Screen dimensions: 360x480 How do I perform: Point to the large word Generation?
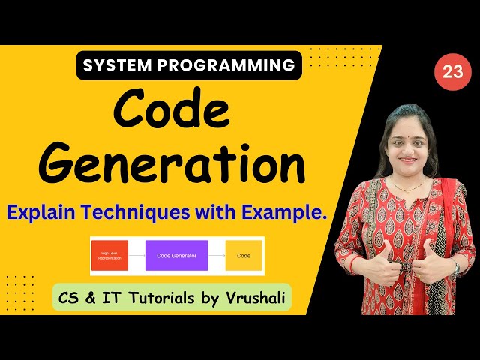171,164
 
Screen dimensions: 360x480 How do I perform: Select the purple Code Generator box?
176,256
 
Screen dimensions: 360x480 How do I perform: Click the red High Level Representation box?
109,256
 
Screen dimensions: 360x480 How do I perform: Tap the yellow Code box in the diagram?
244,256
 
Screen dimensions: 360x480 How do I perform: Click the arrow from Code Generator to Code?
217,256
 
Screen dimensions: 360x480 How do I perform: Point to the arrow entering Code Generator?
136,256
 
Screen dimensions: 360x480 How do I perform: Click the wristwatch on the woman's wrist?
455,266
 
